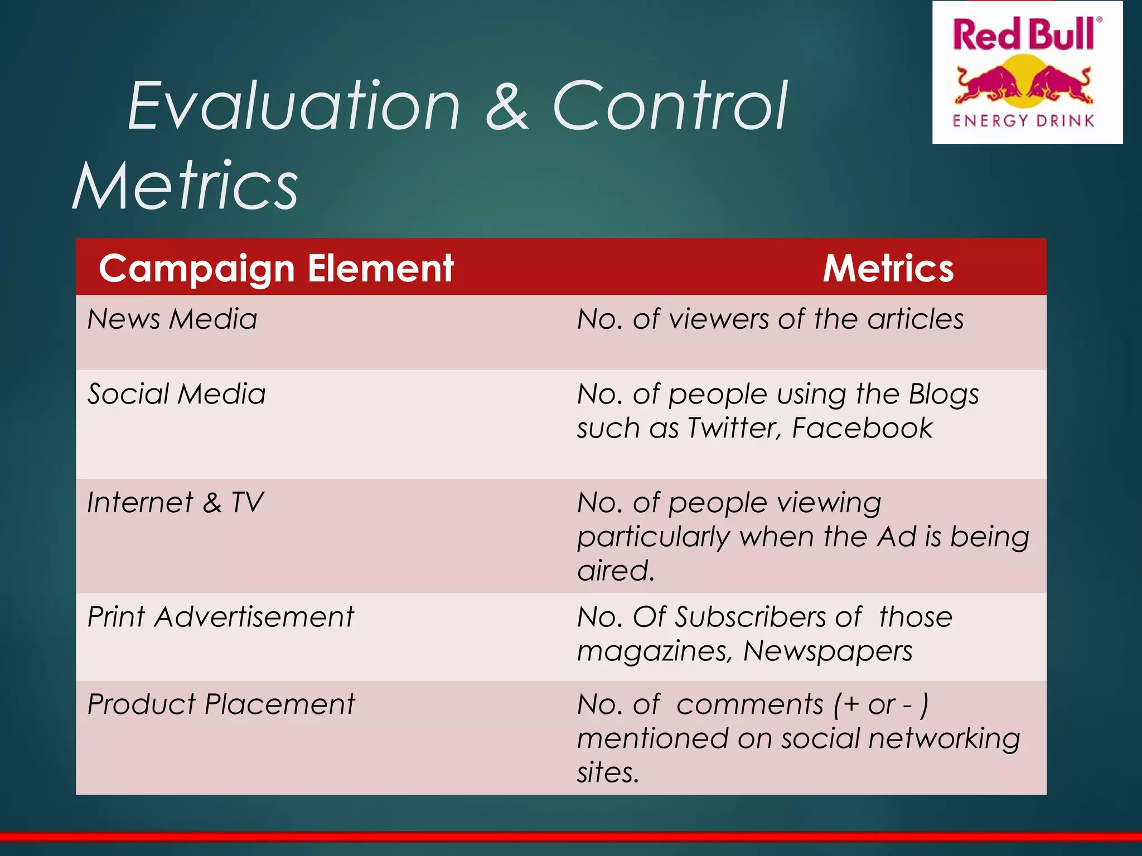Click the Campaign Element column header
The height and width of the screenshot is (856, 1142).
[276, 269]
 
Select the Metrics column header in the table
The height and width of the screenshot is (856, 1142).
[888, 269]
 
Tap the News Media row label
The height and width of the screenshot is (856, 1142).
[172, 319]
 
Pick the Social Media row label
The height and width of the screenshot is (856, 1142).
[177, 394]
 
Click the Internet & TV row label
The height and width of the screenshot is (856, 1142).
[175, 502]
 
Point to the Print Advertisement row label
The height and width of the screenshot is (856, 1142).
[221, 617]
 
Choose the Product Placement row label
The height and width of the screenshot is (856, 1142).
[221, 704]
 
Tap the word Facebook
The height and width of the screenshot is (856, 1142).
[862, 429]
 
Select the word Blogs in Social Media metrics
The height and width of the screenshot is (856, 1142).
[943, 394]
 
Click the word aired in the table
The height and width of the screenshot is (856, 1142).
[615, 571]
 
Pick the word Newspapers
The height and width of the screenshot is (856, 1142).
[828, 651]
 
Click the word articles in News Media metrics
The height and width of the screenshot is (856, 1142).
[915, 319]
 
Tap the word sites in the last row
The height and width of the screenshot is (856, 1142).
[607, 773]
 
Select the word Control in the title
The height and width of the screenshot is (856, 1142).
[670, 106]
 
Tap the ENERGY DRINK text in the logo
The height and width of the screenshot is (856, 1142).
[1024, 121]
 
